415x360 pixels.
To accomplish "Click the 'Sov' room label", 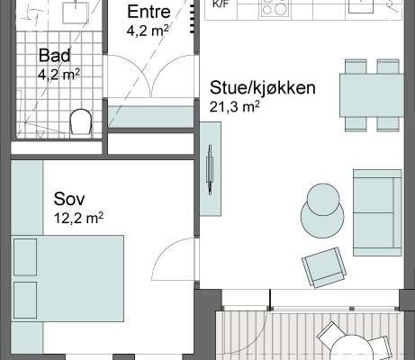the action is click(69, 199).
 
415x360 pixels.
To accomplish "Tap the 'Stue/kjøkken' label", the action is click(263, 87).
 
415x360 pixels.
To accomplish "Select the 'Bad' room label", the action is click(55, 56).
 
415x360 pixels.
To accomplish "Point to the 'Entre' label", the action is click(149, 12).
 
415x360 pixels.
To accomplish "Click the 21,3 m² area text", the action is click(234, 107).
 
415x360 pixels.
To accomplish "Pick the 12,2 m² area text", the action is click(78, 218).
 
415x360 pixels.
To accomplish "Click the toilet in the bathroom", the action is click(80, 123).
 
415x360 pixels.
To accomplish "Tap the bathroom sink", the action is click(75, 12).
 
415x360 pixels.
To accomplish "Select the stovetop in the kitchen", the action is click(275, 8).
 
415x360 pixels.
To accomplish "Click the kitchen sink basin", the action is click(361, 6).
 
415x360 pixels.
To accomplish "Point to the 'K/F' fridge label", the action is click(220, 4).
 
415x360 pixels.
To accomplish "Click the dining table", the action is click(372, 95).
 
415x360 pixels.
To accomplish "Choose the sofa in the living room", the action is click(377, 212).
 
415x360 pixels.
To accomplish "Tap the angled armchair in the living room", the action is click(324, 267).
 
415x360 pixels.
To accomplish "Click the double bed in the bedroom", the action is click(68, 278).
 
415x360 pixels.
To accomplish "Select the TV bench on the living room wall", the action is click(211, 169).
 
